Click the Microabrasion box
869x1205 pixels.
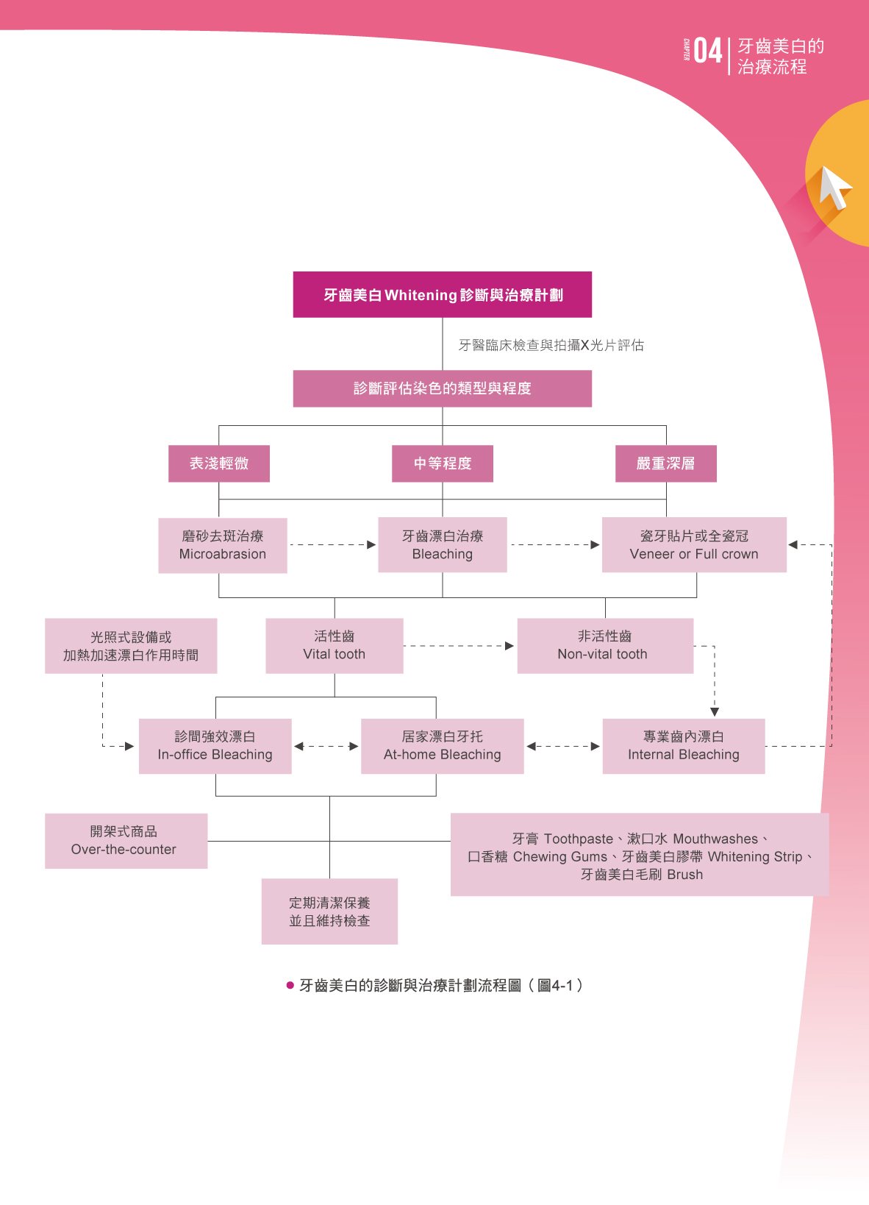tap(223, 545)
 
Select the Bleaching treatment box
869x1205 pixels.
tap(443, 545)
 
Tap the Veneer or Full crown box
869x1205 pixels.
tap(694, 545)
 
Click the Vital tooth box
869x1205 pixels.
tap(335, 646)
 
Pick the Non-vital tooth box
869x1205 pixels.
tap(605, 646)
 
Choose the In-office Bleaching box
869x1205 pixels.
tap(215, 746)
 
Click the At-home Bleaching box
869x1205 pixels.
tap(443, 746)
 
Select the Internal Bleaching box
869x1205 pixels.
tap(684, 746)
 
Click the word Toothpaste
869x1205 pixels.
tap(578, 839)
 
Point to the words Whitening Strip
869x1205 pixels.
tap(755, 857)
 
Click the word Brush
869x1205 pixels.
tap(684, 875)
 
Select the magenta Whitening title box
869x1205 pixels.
tap(443, 295)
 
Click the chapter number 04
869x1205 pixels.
tap(707, 51)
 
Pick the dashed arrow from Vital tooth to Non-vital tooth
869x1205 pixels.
tap(459, 646)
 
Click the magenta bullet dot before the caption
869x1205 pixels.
tap(290, 986)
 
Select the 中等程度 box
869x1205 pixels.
tap(443, 463)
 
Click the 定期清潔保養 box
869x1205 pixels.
tap(329, 911)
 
